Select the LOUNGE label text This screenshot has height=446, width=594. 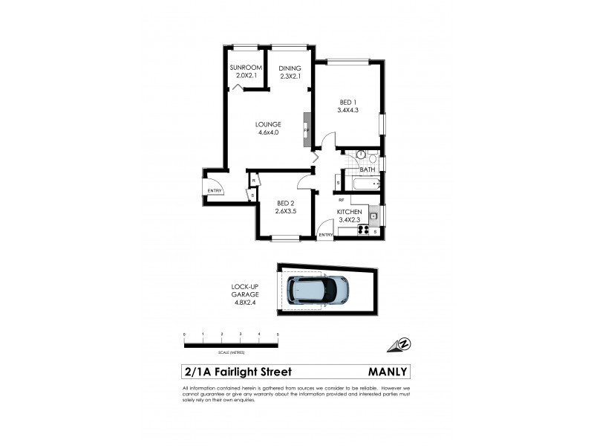tap(268, 125)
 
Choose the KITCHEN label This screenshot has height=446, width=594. tap(349, 212)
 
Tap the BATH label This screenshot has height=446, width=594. tap(368, 169)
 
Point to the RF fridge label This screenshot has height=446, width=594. tap(342, 200)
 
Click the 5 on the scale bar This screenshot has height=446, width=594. tap(277, 335)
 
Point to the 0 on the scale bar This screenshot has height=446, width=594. tap(184, 335)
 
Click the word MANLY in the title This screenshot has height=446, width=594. tap(388, 372)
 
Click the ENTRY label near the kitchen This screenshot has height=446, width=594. tap(326, 235)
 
